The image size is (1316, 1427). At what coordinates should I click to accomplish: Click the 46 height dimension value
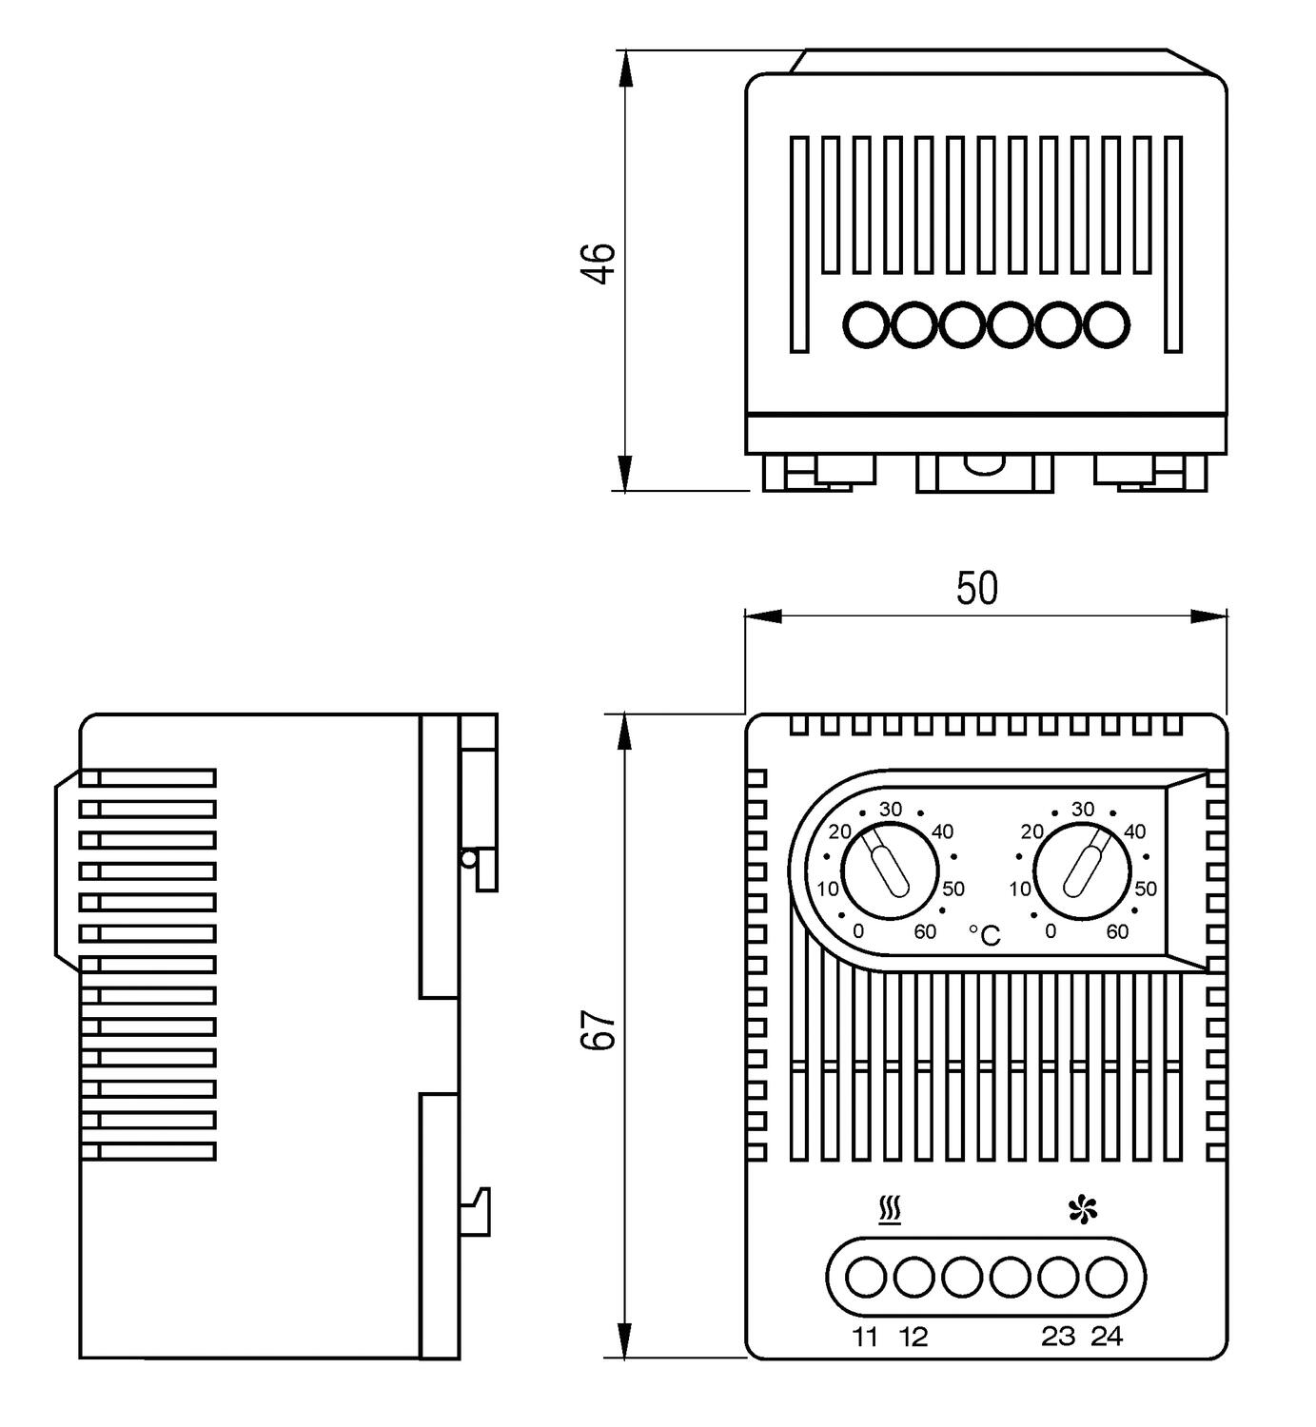(x=599, y=264)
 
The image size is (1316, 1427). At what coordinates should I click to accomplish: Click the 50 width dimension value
(x=977, y=589)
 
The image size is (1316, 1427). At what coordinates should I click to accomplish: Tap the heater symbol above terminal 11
(x=890, y=1211)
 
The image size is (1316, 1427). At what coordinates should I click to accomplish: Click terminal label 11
(x=865, y=1337)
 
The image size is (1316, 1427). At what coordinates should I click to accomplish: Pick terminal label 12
(x=913, y=1337)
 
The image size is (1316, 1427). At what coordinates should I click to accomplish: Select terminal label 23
(x=1058, y=1337)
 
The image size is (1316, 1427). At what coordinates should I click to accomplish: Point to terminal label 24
(x=1107, y=1337)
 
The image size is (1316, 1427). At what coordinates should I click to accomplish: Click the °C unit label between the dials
(x=985, y=936)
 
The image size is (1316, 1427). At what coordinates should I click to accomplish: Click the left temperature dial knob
(x=891, y=871)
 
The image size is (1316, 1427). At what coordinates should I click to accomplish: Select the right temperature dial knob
(x=1083, y=871)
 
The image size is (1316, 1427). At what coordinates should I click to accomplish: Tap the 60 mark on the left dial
(x=925, y=931)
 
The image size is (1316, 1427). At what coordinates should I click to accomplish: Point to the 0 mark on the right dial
(x=1051, y=931)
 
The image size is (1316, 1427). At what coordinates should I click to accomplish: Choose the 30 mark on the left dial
(x=890, y=810)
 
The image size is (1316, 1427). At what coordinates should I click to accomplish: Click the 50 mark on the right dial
(x=1146, y=889)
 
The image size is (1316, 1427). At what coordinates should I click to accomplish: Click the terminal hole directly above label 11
(x=865, y=1278)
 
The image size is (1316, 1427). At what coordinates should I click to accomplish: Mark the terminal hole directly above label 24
(x=1106, y=1278)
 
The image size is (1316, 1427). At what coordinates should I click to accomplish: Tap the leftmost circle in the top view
(x=865, y=325)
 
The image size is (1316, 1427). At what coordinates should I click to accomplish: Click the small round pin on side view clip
(x=468, y=859)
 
